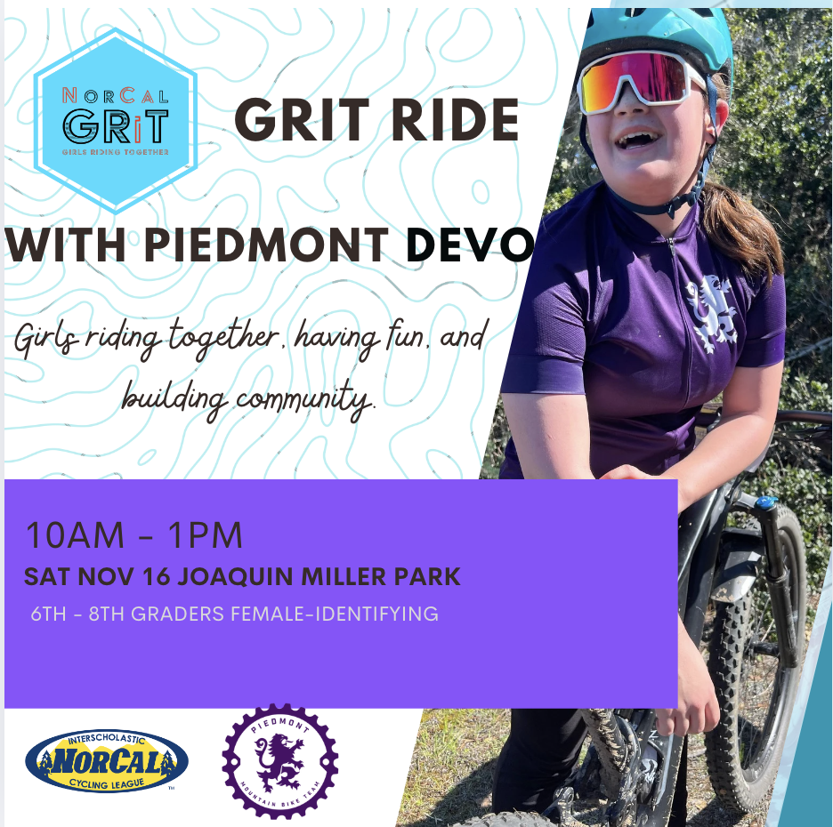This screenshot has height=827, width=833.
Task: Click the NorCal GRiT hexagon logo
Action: click(x=116, y=121)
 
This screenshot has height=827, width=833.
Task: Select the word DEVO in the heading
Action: click(x=469, y=245)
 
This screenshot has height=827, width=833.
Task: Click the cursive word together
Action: click(x=223, y=339)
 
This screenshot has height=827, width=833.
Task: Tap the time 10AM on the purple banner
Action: click(x=75, y=535)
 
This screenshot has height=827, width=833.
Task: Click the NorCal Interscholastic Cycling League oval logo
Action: click(x=107, y=760)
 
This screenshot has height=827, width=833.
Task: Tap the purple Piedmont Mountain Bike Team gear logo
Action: click(x=280, y=760)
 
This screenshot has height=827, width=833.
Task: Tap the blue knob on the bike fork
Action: click(x=765, y=502)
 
